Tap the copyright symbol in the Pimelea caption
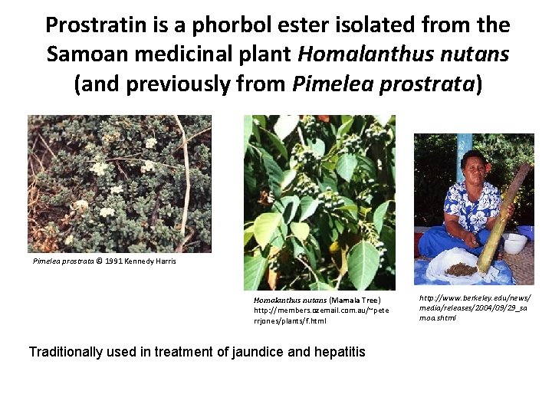click(x=100, y=261)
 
